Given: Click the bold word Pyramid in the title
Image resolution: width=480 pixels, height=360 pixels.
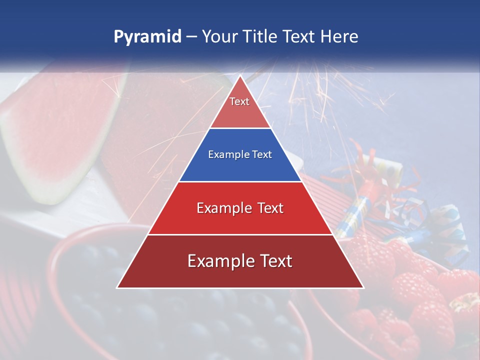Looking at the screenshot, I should (147, 37).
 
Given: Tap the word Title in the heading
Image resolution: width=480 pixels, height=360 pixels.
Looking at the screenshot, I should (259, 37).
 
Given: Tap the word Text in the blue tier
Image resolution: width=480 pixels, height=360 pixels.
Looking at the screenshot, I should (262, 155).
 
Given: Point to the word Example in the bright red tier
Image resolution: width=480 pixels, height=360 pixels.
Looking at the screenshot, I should (223, 208).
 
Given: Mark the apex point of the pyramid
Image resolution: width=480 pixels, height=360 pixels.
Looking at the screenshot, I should (240, 75).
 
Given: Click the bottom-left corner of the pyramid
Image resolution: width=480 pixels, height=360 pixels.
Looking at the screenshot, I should (117, 288).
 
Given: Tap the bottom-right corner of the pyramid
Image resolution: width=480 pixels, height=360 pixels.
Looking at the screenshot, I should (363, 288).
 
